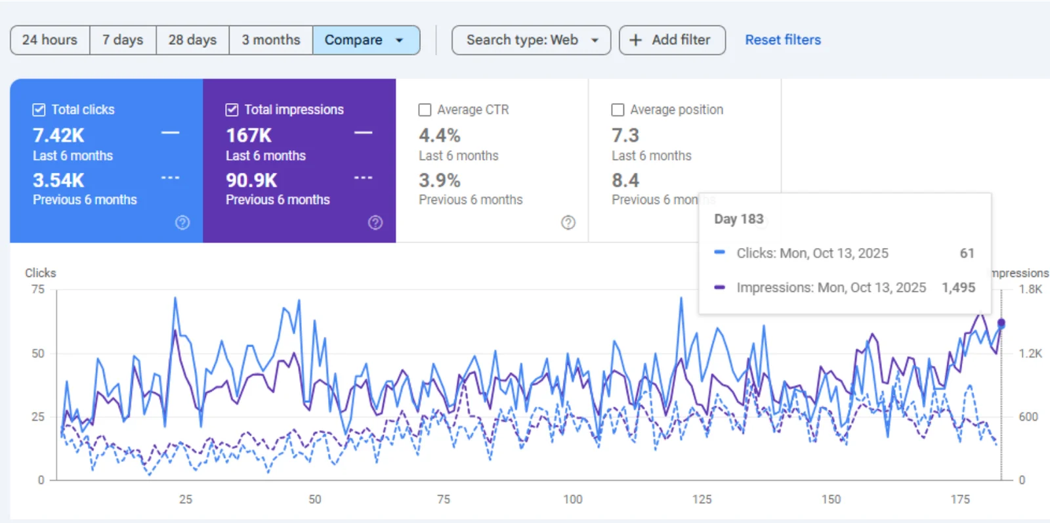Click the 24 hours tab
click(50, 40)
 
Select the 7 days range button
click(123, 40)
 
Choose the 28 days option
click(192, 40)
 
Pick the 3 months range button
click(270, 40)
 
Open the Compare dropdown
click(366, 40)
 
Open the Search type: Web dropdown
click(531, 40)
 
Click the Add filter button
click(671, 40)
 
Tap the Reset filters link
click(782, 40)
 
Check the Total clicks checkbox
click(39, 110)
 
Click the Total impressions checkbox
click(232, 110)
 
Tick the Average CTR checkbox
click(425, 110)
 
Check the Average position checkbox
click(618, 110)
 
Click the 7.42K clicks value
click(58, 135)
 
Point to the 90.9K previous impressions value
click(251, 180)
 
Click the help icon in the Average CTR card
click(568, 222)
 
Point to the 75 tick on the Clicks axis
click(38, 289)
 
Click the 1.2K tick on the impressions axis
click(1030, 353)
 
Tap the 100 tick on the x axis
click(572, 499)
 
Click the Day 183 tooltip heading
click(738, 219)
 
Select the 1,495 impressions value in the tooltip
click(958, 287)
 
